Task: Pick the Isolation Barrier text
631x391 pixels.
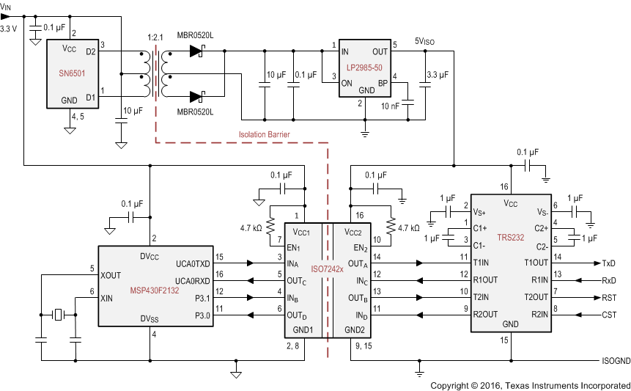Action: coord(265,134)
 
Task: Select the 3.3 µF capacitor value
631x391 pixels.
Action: coord(438,74)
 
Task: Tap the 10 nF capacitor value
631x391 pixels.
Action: coord(391,106)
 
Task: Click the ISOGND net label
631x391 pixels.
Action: coord(611,362)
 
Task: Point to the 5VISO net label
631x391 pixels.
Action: coord(425,41)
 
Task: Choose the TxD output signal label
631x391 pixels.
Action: coord(608,262)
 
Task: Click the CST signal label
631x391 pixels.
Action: coord(608,315)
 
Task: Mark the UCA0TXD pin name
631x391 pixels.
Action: coord(193,262)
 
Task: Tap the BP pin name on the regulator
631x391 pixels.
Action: coord(383,84)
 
